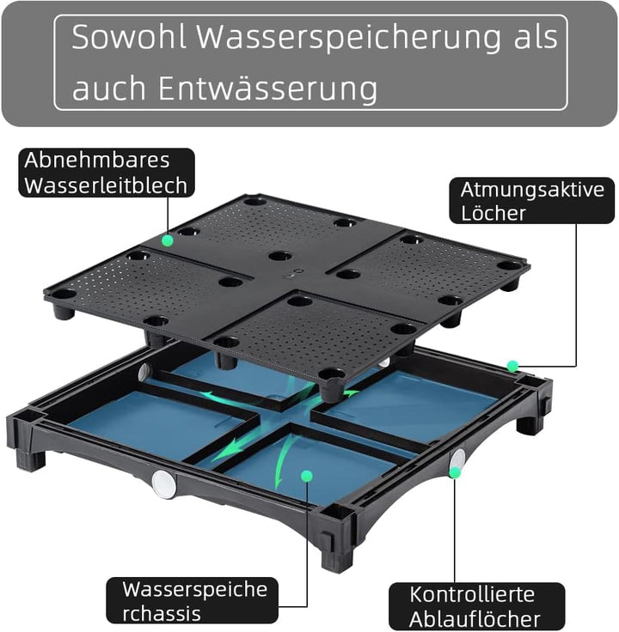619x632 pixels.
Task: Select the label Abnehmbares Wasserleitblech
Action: tap(106, 173)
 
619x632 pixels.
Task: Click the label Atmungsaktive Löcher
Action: tap(531, 200)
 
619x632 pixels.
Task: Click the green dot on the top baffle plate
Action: tap(167, 241)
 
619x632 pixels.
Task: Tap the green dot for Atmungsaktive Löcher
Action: tap(512, 367)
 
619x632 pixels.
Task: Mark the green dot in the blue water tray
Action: tap(304, 474)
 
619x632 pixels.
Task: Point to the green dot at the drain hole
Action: tap(456, 471)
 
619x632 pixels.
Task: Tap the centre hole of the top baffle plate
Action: tap(279, 256)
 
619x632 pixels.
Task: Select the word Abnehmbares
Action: tap(97, 161)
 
